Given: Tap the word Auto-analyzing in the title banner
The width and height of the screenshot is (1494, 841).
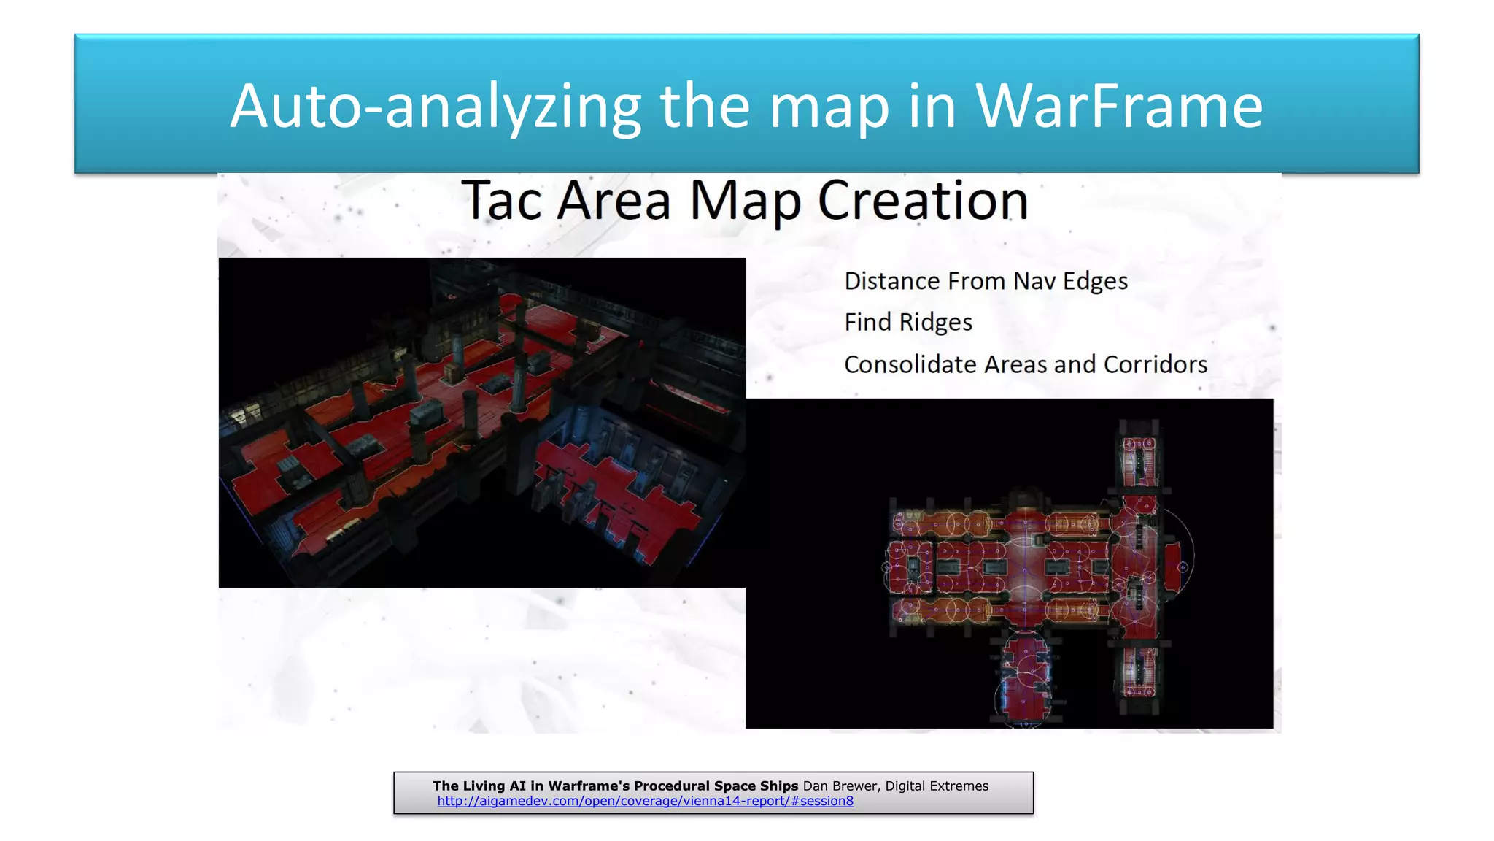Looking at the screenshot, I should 436,107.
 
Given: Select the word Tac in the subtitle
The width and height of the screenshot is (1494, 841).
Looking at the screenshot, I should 500,200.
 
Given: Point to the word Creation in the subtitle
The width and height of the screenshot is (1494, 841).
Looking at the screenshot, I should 923,200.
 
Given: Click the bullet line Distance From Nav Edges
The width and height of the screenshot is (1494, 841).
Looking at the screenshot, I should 986,281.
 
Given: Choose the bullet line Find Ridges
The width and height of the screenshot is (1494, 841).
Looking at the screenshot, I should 908,322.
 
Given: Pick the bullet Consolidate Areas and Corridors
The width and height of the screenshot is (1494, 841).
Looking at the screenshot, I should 1025,364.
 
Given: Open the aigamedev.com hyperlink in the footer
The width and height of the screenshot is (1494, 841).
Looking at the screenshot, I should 645,801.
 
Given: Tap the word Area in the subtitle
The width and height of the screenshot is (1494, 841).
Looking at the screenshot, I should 614,200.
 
